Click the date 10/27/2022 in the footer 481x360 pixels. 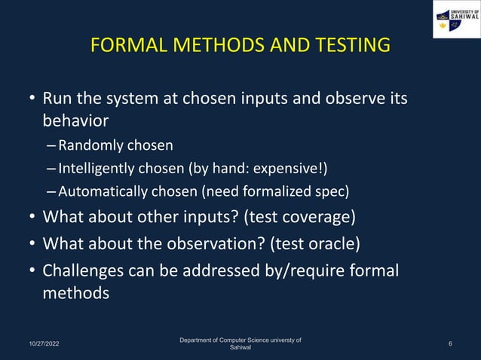pos(37,344)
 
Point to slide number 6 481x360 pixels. pos(449,344)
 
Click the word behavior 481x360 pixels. pos(75,121)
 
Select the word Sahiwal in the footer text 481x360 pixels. pos(240,349)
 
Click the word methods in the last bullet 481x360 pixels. pos(75,292)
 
